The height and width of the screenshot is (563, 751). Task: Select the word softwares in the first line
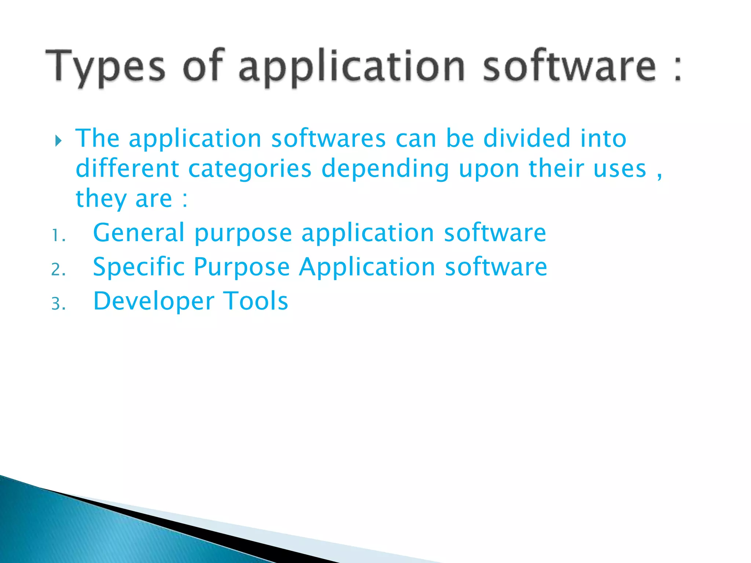click(328, 139)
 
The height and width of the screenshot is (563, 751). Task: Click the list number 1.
click(58, 236)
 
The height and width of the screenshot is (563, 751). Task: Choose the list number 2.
click(58, 270)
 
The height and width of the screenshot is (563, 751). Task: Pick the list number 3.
click(58, 304)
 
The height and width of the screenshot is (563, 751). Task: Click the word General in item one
click(139, 233)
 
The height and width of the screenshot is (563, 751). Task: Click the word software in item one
click(495, 233)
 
